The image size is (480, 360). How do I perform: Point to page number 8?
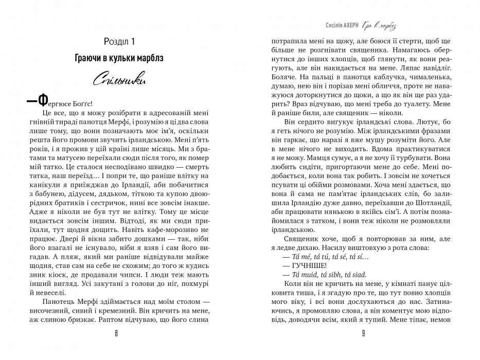pyautogui.click(x=117, y=333)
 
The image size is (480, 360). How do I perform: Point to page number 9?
pyautogui.click(x=363, y=333)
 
